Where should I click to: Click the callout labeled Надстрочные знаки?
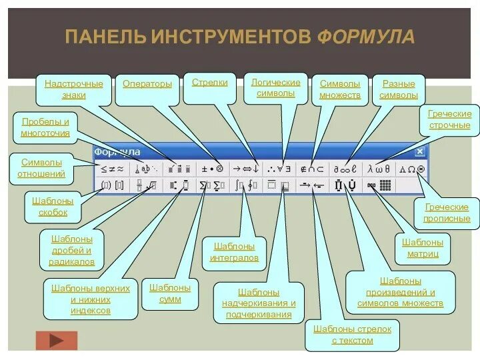point(73,89)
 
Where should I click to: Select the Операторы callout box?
point(147,84)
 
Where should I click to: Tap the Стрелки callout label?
point(209,83)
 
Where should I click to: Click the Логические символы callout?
point(275,88)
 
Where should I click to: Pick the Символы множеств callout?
point(339,89)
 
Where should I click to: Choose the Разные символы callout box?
point(398,89)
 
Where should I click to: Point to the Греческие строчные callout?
point(449,119)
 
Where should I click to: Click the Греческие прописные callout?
point(446,213)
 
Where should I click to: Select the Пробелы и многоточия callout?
point(45,127)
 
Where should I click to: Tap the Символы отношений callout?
point(41,168)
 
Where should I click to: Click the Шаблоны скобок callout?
point(53,206)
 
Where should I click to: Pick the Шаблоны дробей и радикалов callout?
point(71,250)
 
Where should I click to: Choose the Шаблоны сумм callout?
point(169,293)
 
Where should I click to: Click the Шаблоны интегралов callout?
point(234,252)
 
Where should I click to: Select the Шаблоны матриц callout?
point(423,247)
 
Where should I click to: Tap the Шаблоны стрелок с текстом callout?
point(352,335)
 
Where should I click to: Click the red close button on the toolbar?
point(419,152)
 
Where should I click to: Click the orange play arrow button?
point(56,341)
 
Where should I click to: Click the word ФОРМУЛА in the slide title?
point(365,37)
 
